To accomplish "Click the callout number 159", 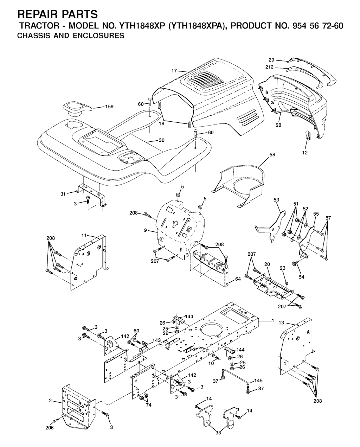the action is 109,107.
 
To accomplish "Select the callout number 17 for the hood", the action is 174,71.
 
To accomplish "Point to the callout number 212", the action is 270,67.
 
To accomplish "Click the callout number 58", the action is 272,154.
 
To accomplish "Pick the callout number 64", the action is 238,279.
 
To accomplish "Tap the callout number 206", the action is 50,427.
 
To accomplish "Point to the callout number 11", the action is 84,235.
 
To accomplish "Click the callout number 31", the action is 63,194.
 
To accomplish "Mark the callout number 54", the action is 301,277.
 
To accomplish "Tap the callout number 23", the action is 283,268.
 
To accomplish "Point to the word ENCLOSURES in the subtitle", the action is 98,36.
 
